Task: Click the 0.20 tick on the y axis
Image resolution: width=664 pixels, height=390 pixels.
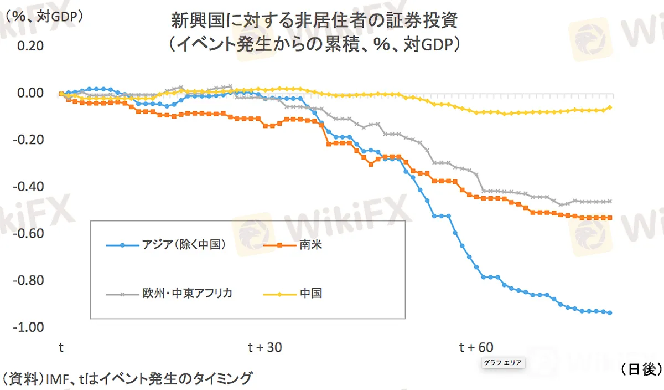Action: [x=30, y=45]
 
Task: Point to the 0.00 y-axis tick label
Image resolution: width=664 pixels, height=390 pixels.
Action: [x=30, y=93]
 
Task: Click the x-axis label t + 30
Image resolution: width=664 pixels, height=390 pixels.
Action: [x=264, y=347]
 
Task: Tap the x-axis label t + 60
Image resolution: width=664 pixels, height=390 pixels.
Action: [x=476, y=347]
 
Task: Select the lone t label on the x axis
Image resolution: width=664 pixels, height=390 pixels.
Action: [x=61, y=347]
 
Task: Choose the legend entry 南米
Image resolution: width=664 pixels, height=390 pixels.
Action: [x=310, y=245]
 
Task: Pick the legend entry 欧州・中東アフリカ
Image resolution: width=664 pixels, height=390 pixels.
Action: [x=186, y=294]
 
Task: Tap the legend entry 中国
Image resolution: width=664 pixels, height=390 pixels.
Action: [x=310, y=294]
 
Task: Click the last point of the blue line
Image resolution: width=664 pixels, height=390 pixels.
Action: [x=610, y=313]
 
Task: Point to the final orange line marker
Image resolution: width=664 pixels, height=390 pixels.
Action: [x=610, y=218]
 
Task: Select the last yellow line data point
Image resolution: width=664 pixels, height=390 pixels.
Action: [x=610, y=107]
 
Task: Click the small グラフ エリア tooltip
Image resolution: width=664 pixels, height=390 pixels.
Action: [x=502, y=363]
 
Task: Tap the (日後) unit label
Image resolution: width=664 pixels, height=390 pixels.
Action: [x=641, y=369]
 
